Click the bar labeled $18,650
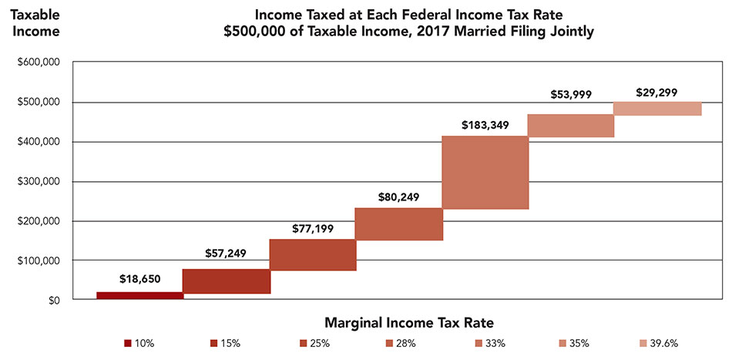(x=139, y=295)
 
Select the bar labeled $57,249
(x=226, y=281)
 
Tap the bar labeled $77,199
(x=312, y=255)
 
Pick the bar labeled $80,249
(x=398, y=224)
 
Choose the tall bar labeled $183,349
(x=485, y=173)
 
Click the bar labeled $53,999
(x=571, y=126)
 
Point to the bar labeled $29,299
(x=657, y=109)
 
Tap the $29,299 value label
(x=657, y=92)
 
